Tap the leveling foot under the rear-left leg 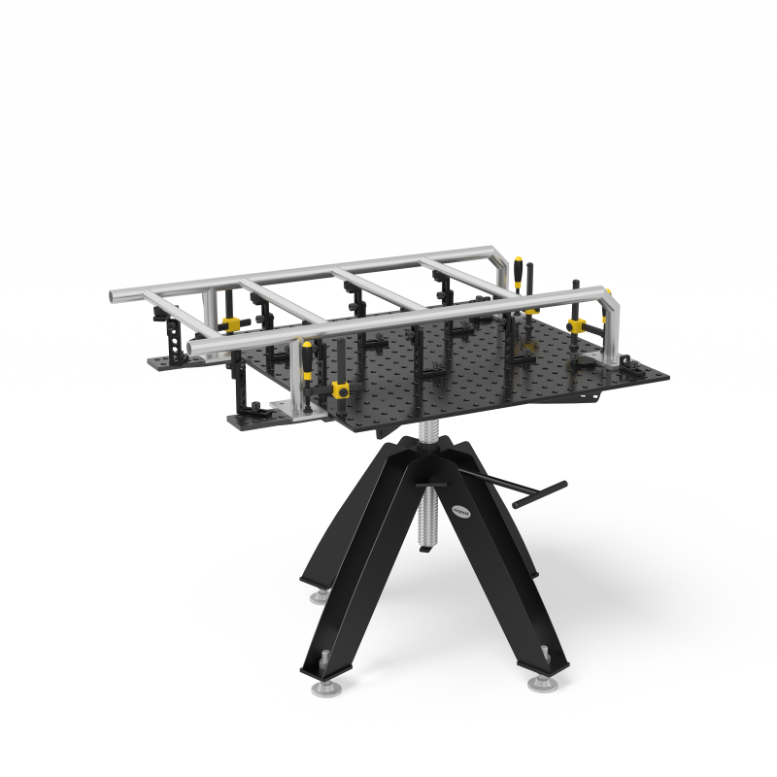point(319,595)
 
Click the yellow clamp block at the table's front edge point(341,390)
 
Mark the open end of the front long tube point(194,345)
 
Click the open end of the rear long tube point(114,295)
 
